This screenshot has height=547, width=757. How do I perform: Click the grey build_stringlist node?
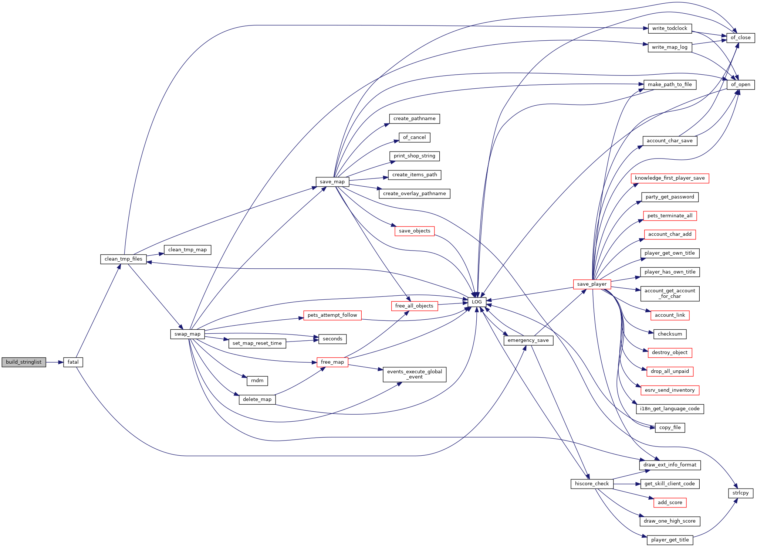(x=24, y=362)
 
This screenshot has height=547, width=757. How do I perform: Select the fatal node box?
(x=73, y=362)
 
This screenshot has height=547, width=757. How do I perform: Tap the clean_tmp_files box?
(x=124, y=259)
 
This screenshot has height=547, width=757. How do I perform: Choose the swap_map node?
(x=187, y=334)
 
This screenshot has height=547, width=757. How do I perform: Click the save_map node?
(x=332, y=182)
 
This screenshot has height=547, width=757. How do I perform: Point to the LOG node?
(x=477, y=302)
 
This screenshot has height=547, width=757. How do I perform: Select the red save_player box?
(x=592, y=284)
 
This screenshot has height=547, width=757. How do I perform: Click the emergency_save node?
(x=528, y=340)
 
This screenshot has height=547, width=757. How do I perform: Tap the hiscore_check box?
(x=592, y=484)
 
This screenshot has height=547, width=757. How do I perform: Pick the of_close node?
(x=741, y=38)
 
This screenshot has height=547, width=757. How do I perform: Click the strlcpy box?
(x=741, y=493)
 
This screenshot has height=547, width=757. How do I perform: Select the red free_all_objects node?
(x=414, y=306)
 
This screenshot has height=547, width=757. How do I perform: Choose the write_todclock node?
(x=670, y=28)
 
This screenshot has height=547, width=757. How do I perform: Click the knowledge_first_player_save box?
(x=670, y=178)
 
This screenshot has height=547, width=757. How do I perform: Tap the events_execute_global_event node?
(x=415, y=374)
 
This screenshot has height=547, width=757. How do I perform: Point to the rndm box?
(x=257, y=381)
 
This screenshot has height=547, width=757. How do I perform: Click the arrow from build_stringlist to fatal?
(x=55, y=362)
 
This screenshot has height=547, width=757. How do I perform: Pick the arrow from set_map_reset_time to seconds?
(x=302, y=341)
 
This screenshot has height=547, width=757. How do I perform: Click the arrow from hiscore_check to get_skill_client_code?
(x=627, y=484)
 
